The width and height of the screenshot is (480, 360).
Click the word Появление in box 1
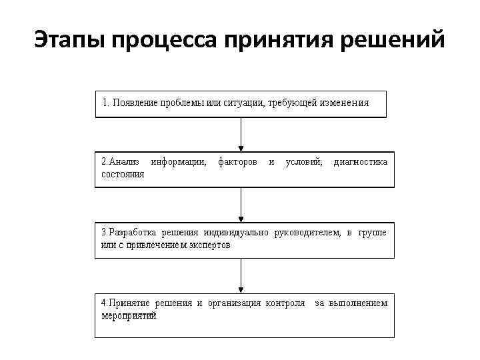pyautogui.click(x=135, y=103)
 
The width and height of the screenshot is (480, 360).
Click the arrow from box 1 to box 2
pyautogui.click(x=241, y=135)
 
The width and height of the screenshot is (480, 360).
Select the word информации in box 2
pyautogui.click(x=179, y=162)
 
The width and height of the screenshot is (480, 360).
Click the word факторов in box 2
pyautogui.click(x=237, y=162)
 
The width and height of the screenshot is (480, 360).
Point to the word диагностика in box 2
pyautogui.click(x=360, y=162)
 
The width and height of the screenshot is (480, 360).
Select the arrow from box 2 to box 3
pyautogui.click(x=241, y=205)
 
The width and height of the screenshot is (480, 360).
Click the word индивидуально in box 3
pyautogui.click(x=236, y=233)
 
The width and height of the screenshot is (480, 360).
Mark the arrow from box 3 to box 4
pyautogui.click(x=241, y=275)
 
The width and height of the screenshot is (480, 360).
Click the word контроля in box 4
pyautogui.click(x=285, y=303)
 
